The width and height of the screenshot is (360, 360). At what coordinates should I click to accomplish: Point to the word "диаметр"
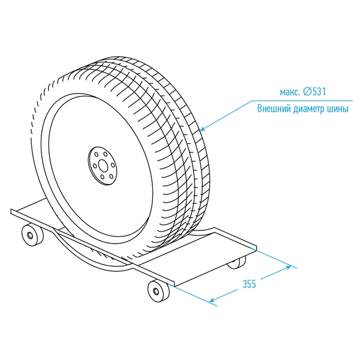click(311, 110)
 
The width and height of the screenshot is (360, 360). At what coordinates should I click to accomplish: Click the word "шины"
click(340, 110)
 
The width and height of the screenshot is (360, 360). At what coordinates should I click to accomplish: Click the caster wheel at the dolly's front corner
click(158, 292)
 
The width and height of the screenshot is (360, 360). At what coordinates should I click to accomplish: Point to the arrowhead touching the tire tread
click(202, 129)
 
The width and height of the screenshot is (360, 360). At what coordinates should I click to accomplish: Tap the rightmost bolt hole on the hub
click(112, 165)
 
